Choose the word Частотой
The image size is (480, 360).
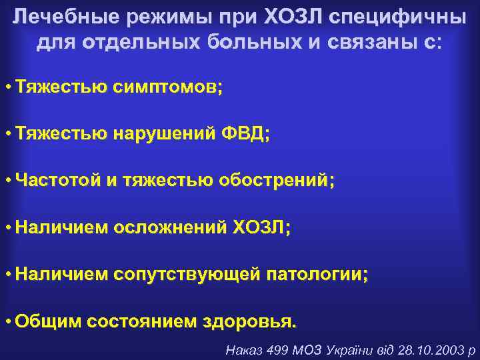pyautogui.click(x=57, y=181)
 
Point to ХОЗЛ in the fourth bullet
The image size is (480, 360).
pyautogui.click(x=261, y=227)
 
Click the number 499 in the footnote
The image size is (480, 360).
pyautogui.click(x=276, y=349)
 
